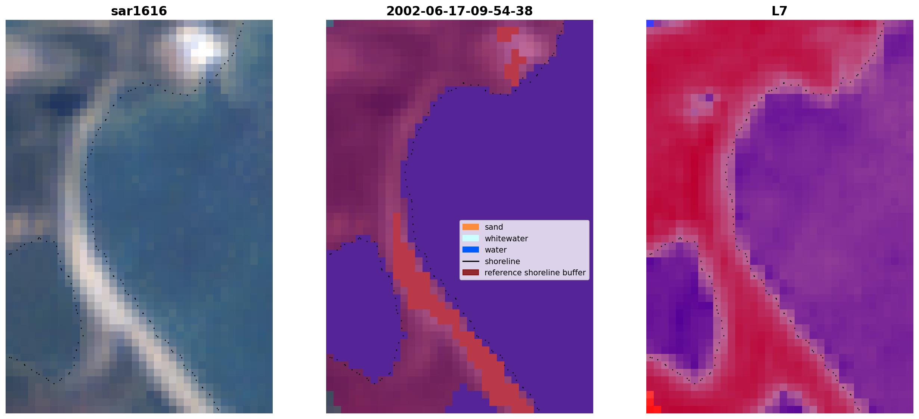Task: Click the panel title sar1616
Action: point(139,11)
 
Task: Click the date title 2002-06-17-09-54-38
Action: point(459,11)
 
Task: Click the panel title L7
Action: point(780,11)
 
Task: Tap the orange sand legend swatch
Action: point(471,227)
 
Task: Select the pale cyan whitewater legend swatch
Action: point(471,238)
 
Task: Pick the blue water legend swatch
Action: point(471,250)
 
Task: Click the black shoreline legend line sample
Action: point(471,261)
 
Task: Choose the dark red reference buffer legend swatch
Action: point(471,272)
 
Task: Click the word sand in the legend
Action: point(494,227)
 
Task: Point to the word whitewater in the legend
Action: point(506,239)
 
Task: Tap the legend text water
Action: point(496,250)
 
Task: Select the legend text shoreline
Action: point(502,262)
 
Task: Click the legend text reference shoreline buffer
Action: point(535,273)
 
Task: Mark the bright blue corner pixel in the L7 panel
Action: point(650,23)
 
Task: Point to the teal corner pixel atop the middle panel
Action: point(330,23)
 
